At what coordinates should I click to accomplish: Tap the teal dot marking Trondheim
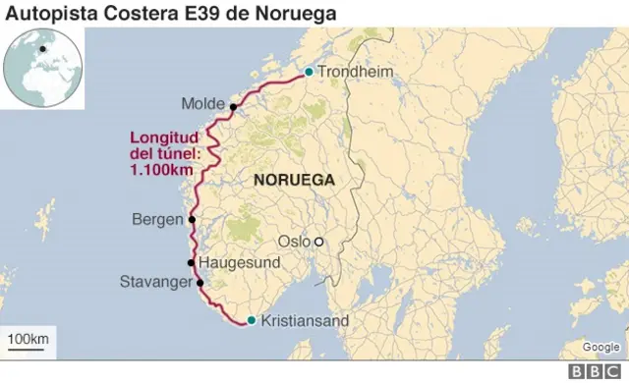[x=309, y=72]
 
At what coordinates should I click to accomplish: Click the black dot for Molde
[x=234, y=106]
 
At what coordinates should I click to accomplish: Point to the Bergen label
[x=157, y=219]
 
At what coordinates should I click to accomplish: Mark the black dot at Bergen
[x=192, y=219]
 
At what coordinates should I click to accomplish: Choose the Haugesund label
[x=240, y=263]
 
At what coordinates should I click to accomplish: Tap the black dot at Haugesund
[x=192, y=263]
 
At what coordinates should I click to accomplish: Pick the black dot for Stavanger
[x=200, y=283]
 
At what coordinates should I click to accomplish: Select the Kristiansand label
[x=305, y=320]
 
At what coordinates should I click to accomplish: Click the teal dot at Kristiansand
[x=252, y=320]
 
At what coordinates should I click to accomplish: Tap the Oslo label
[x=294, y=241]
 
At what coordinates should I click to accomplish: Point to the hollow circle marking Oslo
[x=318, y=241]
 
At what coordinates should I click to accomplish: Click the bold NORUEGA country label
[x=294, y=180]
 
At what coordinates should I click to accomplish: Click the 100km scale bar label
[x=28, y=339]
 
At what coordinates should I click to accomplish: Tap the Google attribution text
[x=600, y=347]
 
